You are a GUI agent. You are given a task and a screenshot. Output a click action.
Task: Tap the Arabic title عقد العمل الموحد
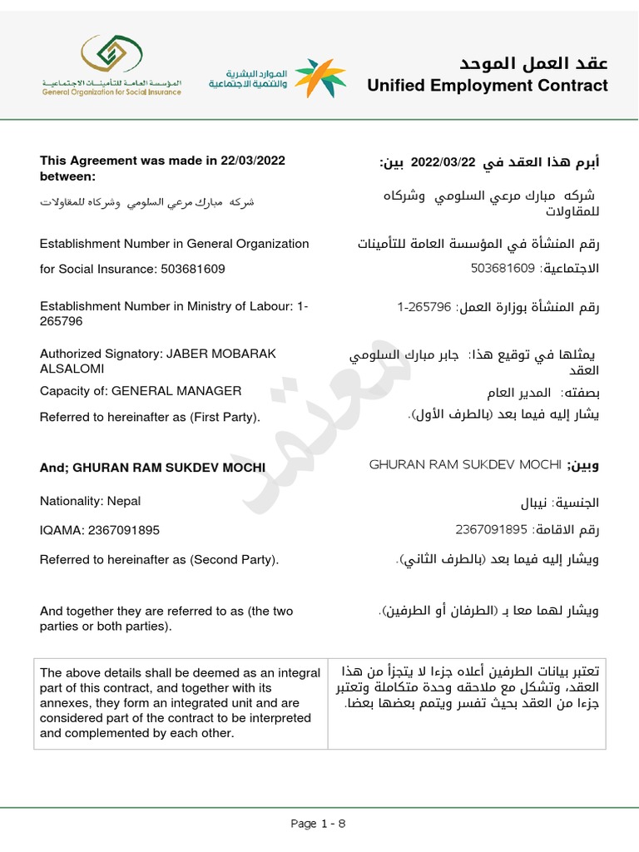tap(533, 63)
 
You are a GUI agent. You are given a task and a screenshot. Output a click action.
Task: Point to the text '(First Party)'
tap(226, 417)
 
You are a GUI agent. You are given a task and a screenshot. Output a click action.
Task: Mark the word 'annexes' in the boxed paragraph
tap(62, 702)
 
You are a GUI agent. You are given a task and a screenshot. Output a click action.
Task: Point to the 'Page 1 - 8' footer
tap(319, 824)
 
